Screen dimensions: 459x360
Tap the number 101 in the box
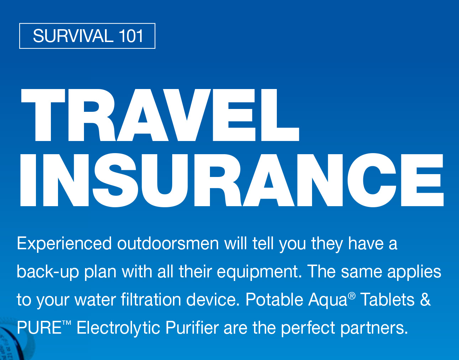click(131, 36)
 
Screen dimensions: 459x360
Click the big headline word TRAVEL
click(160, 115)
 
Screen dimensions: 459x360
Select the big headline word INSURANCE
click(232, 180)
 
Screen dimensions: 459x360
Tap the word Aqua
click(328, 300)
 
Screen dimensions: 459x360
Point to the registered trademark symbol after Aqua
click(352, 296)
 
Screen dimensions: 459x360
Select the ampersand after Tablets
click(425, 299)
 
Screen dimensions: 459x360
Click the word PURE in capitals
click(39, 327)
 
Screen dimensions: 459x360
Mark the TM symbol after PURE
click(67, 323)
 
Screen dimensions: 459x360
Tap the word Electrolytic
click(118, 328)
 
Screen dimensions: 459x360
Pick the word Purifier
click(192, 327)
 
